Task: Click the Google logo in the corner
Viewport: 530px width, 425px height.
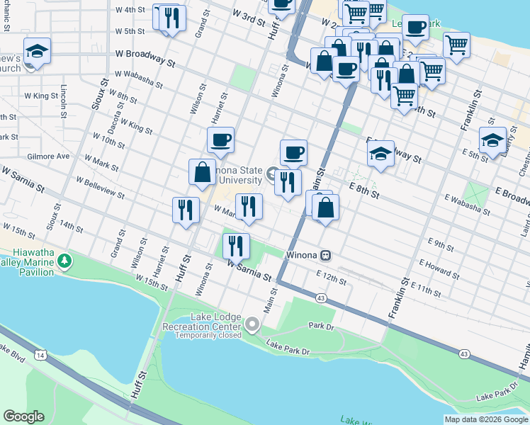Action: coord(24,416)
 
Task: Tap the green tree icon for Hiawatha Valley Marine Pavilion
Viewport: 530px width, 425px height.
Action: coord(65,262)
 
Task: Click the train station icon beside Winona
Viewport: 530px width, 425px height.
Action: coord(326,255)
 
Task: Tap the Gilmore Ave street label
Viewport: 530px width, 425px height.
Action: coord(48,156)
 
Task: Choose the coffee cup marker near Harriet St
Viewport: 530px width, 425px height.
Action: coord(221,140)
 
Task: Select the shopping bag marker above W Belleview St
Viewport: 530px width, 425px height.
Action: coord(202,172)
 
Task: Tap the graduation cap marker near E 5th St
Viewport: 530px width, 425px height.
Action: coord(492,140)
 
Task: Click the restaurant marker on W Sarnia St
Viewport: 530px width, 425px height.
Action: coord(236,246)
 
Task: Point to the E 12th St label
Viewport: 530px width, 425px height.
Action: coord(332,277)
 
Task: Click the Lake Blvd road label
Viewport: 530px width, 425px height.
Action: coord(12,355)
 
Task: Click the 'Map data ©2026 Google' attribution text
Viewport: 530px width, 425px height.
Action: coord(486,419)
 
